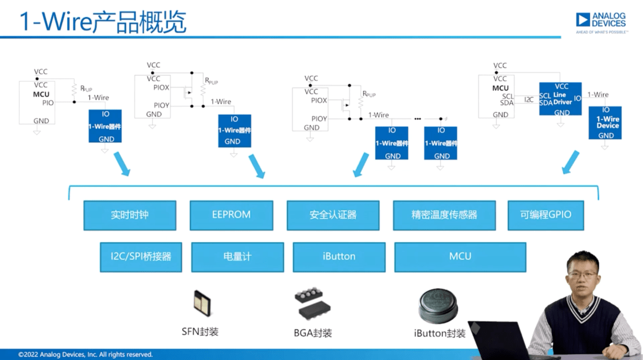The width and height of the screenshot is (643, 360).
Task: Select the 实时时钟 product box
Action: click(x=130, y=215)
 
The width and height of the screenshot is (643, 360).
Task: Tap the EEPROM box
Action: click(x=231, y=215)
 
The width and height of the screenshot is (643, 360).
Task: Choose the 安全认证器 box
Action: click(x=333, y=215)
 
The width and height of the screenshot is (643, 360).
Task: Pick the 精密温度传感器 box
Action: click(x=444, y=215)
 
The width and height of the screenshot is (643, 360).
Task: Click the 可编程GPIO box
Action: click(x=545, y=215)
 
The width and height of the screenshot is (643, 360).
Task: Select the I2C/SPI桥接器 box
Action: click(x=141, y=256)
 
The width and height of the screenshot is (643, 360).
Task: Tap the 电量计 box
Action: click(x=237, y=256)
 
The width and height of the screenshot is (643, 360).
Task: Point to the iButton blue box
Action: click(x=339, y=256)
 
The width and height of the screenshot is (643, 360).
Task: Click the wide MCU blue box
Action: click(x=460, y=256)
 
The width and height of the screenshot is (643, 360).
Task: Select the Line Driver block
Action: click(x=560, y=99)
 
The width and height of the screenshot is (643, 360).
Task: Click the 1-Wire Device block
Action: click(x=605, y=123)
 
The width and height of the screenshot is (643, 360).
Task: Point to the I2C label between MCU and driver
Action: click(x=529, y=99)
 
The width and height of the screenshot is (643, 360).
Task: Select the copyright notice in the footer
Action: click(x=85, y=355)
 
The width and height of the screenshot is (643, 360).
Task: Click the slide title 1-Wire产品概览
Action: click(x=103, y=22)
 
